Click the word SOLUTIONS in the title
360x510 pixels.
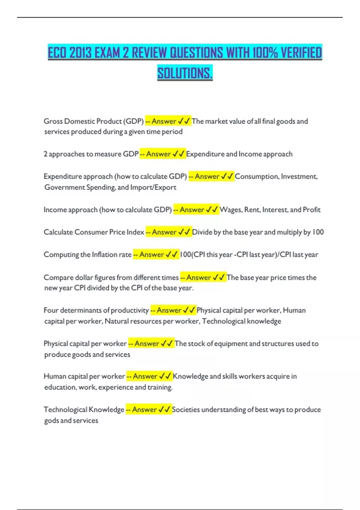point(185,73)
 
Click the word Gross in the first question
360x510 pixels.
point(53,121)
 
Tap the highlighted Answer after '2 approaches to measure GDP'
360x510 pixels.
point(158,154)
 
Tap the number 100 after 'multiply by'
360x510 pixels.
point(318,232)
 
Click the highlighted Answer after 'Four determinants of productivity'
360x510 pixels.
point(169,310)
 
